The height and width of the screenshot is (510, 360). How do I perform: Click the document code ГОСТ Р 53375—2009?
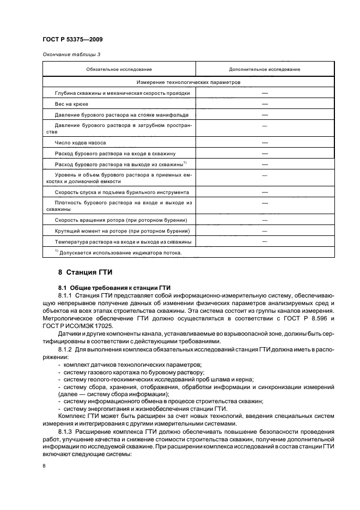pos(72,40)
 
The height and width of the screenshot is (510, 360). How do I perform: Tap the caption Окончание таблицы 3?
pos(71,53)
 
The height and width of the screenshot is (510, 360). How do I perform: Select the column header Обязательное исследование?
pos(118,69)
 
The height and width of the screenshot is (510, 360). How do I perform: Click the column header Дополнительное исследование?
pos(265,69)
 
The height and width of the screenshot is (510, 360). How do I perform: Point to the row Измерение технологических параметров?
pos(188,82)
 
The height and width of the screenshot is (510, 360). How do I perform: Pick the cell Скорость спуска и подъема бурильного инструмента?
pos(122,192)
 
